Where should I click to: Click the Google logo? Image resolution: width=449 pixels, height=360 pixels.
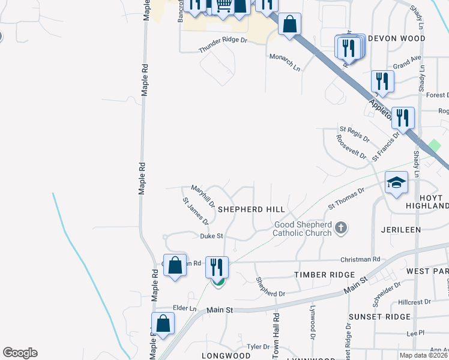[20, 353]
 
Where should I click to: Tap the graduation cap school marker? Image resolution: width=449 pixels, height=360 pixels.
[397, 182]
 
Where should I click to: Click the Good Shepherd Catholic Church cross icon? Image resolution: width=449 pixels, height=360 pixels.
[341, 227]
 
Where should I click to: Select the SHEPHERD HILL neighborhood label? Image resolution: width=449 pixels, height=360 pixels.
[251, 209]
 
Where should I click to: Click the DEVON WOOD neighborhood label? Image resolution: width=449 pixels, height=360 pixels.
[396, 38]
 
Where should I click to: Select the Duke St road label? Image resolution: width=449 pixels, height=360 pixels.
[211, 236]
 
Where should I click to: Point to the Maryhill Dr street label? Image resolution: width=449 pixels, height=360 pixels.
[203, 196]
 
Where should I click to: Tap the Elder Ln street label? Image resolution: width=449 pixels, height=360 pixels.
[184, 308]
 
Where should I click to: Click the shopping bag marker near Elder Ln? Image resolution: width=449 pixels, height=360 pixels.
[163, 322]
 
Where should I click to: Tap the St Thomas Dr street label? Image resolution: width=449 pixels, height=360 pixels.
[346, 199]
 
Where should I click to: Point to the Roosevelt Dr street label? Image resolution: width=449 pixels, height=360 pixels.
[351, 147]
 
